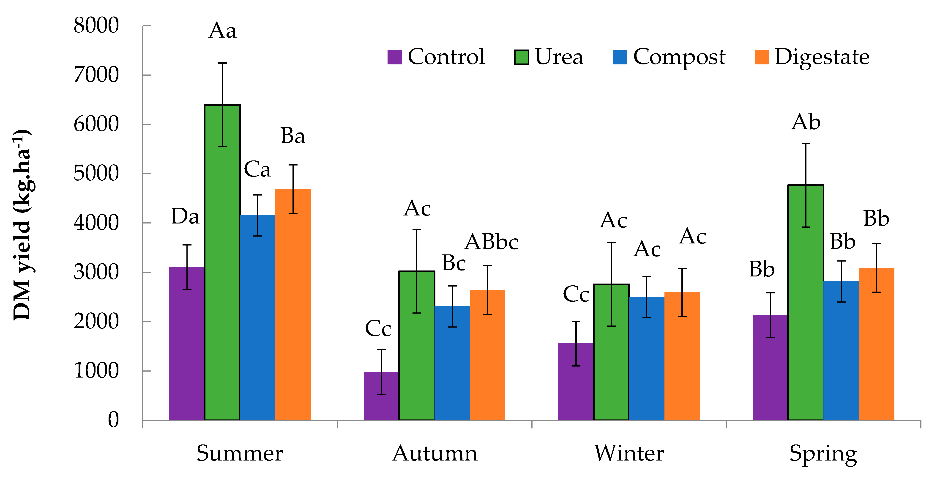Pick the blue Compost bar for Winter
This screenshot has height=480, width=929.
pyautogui.click(x=647, y=361)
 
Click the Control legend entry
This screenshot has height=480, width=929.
pyautogui.click(x=436, y=57)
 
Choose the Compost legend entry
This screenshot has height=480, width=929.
pyautogui.click(x=669, y=57)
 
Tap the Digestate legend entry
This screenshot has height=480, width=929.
pyautogui.click(x=812, y=57)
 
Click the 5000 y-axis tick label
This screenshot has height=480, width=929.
pyautogui.click(x=96, y=174)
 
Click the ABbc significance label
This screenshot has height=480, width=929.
pyautogui.click(x=491, y=242)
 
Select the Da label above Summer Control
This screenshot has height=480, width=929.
pyautogui.click(x=185, y=217)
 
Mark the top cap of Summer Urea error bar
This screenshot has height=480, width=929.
pyautogui.click(x=222, y=63)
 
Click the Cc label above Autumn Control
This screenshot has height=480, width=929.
pyautogui.click(x=378, y=328)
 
